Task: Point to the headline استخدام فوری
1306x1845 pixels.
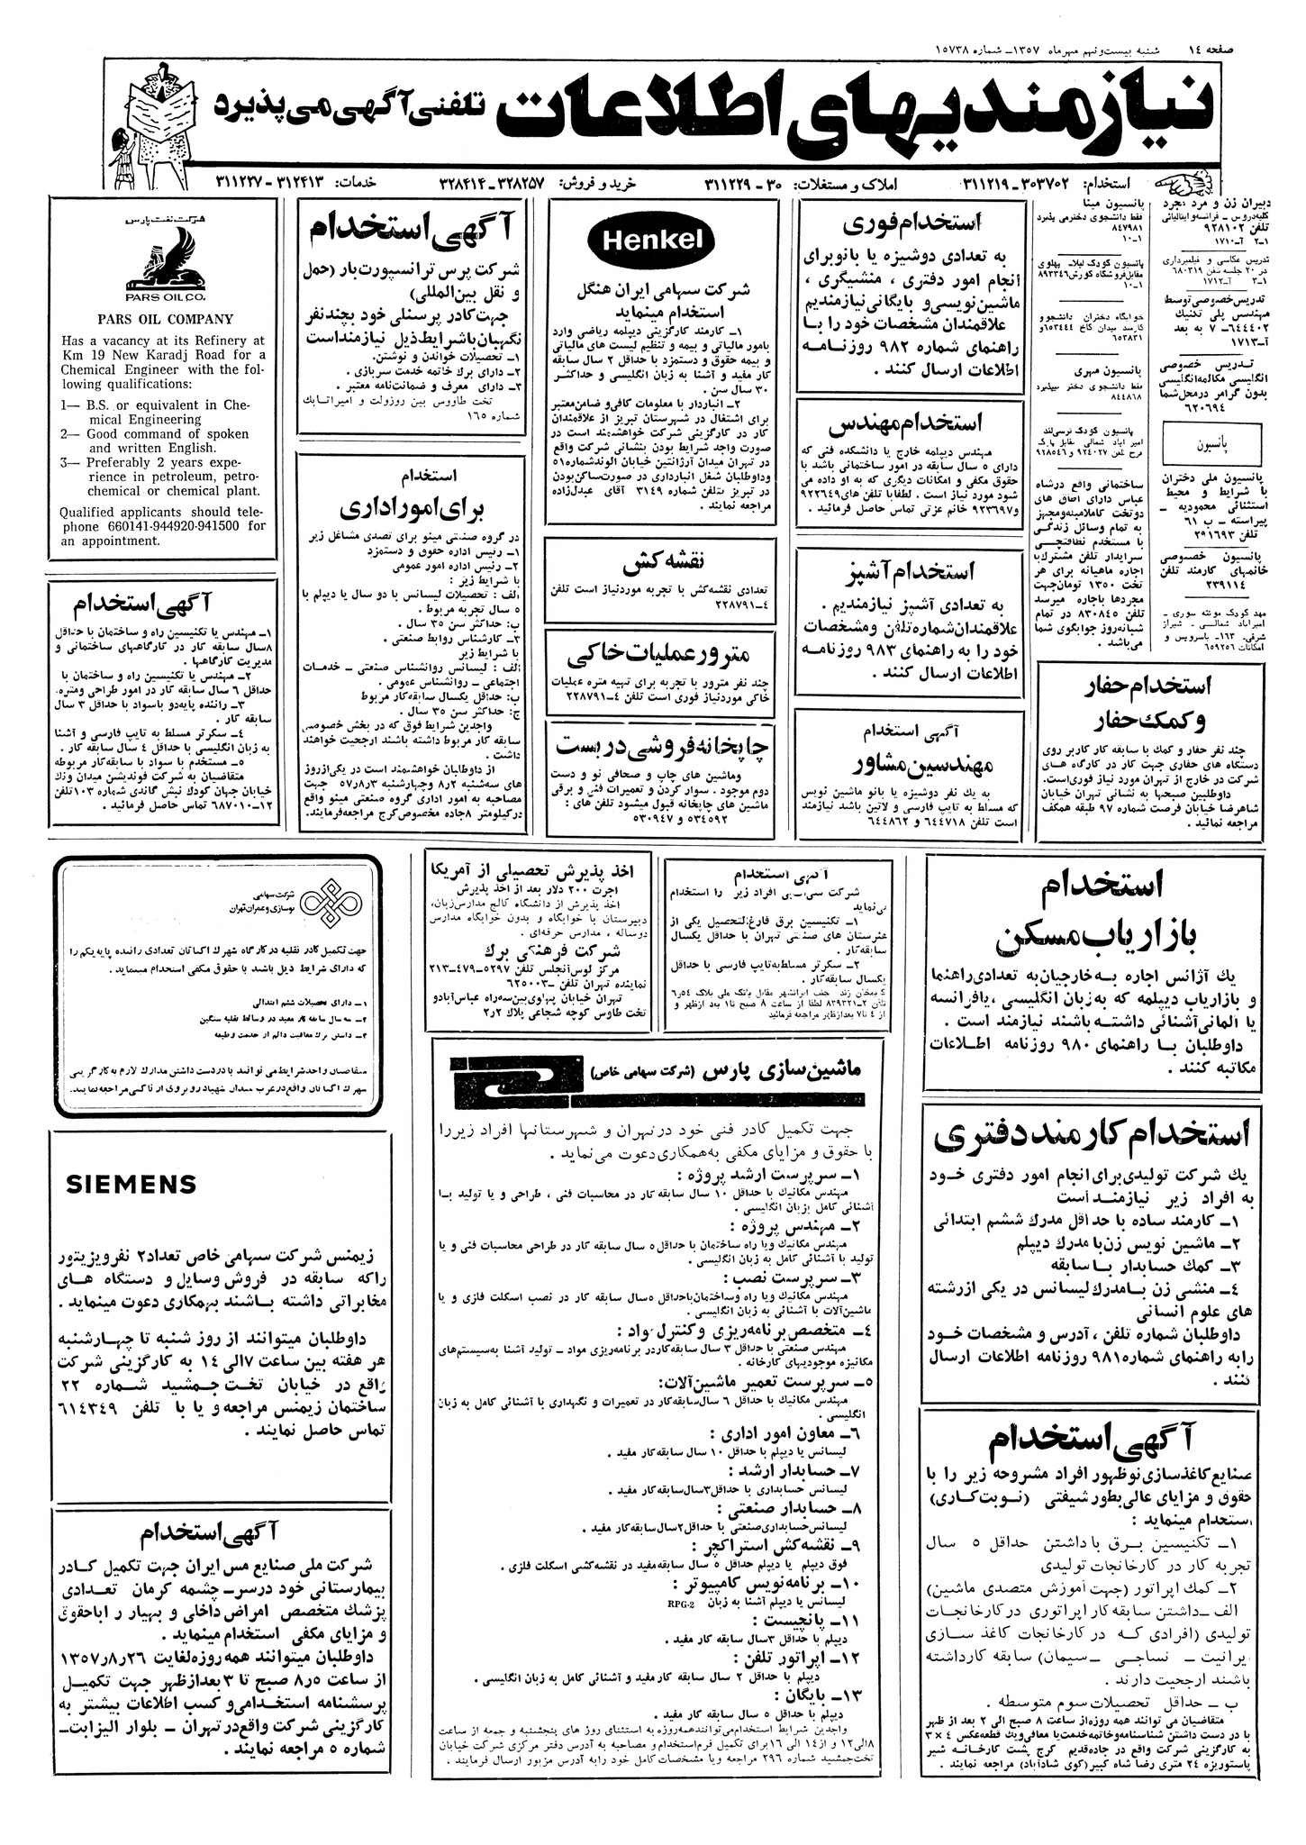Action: [x=911, y=224]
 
